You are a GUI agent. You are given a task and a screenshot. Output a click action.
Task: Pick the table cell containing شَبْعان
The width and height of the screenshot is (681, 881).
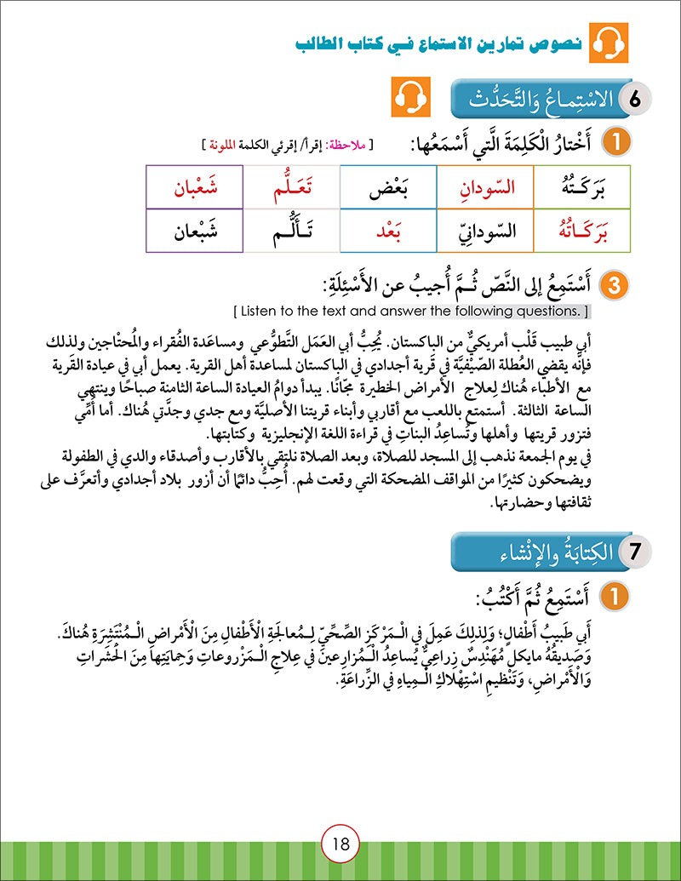coord(194,231)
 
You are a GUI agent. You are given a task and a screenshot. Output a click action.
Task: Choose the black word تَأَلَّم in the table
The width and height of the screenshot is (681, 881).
coord(291,231)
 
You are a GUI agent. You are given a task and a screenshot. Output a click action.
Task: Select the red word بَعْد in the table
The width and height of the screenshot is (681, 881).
coord(387,231)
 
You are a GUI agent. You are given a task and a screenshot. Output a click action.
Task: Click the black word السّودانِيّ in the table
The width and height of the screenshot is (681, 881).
coord(484,231)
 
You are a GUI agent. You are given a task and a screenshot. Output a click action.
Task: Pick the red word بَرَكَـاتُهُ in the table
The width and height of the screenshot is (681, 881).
coord(581,231)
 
